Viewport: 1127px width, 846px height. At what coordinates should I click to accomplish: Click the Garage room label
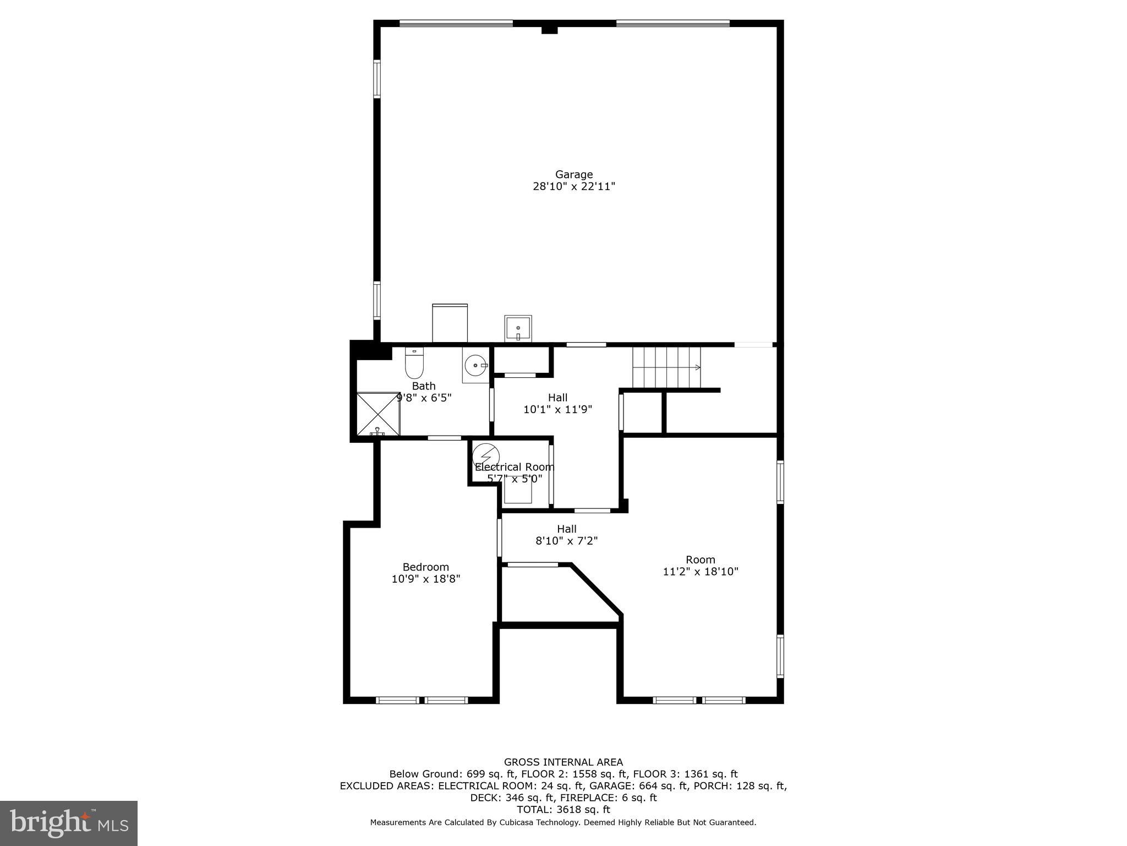click(573, 175)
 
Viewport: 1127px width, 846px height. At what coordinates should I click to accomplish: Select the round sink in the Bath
click(475, 365)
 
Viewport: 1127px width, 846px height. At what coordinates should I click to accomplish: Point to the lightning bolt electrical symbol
click(486, 457)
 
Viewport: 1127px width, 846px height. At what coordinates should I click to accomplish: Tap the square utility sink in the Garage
click(518, 329)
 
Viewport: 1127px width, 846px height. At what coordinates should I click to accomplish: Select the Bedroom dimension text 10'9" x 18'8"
click(425, 579)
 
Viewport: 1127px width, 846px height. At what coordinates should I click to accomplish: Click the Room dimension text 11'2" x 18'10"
click(700, 572)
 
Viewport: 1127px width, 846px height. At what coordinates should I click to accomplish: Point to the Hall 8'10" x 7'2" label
click(566, 535)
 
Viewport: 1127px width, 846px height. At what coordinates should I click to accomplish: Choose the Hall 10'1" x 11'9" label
click(557, 403)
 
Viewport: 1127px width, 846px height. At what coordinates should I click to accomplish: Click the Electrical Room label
click(514, 467)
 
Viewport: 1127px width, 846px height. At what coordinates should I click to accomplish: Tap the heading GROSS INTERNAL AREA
click(563, 762)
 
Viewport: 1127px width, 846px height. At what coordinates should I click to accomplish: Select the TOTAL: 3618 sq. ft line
click(563, 810)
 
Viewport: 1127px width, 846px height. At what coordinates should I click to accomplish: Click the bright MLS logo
click(69, 823)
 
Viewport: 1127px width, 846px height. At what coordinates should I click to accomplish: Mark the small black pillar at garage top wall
click(549, 30)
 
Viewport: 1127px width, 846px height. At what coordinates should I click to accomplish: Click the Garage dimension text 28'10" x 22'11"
click(573, 187)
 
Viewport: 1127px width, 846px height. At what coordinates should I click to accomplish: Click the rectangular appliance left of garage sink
click(450, 323)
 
